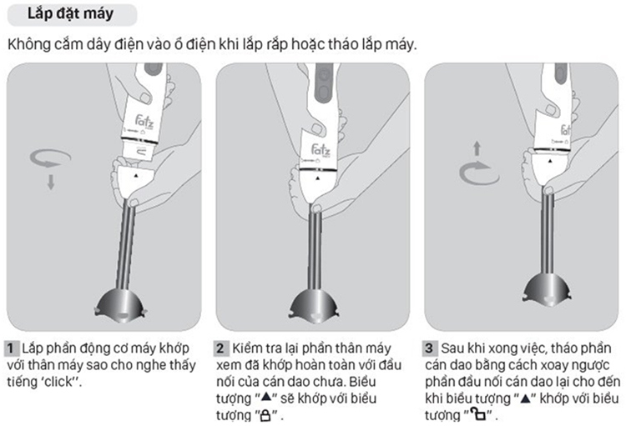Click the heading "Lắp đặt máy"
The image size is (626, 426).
[70, 14]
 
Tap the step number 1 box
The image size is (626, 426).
[11, 348]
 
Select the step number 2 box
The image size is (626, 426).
[221, 348]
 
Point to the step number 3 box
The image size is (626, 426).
[430, 348]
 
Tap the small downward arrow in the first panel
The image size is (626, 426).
[51, 182]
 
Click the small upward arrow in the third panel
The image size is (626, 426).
[477, 148]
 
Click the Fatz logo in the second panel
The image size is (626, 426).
[321, 150]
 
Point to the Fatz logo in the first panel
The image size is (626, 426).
[144, 121]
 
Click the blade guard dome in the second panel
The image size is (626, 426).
[313, 306]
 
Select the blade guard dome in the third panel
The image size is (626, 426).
[547, 290]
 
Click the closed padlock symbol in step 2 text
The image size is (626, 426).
[265, 416]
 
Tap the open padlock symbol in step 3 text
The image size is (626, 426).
[477, 414]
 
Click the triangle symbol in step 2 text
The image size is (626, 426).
[266, 397]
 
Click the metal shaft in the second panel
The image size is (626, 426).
[315, 250]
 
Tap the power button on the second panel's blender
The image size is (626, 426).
[324, 74]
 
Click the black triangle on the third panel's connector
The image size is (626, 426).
[550, 161]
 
